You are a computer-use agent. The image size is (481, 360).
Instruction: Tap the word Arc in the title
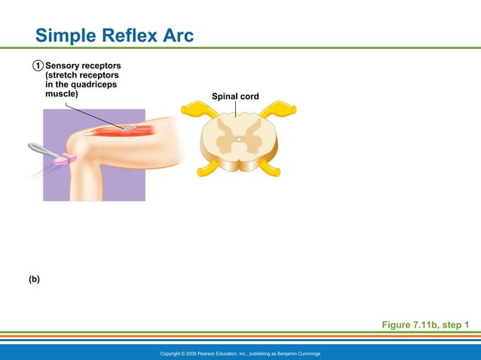coord(178,35)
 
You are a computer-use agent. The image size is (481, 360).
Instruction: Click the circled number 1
coord(37,66)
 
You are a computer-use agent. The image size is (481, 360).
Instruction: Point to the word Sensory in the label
coord(65,66)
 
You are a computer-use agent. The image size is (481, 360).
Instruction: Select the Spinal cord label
coord(235,96)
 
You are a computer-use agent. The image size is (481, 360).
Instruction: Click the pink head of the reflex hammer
coord(65,159)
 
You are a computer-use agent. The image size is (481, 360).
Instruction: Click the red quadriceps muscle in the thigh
coord(121,130)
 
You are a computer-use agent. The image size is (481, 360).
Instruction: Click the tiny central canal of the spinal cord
coord(238,140)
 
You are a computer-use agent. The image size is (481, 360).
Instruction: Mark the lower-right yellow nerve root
coord(269,169)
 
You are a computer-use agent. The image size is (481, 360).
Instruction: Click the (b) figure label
coord(35,279)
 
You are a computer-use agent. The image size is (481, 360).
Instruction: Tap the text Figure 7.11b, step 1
coord(425,325)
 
